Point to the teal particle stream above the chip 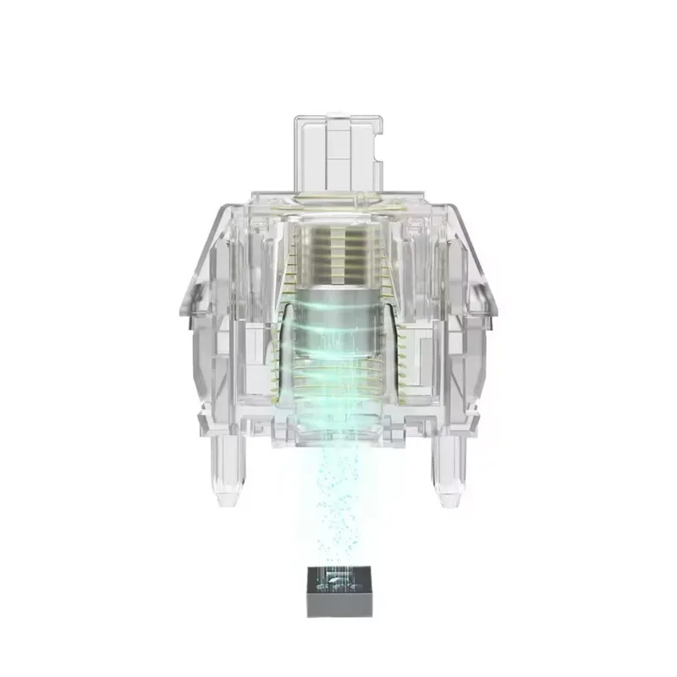click(338, 499)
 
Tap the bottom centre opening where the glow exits click(338, 432)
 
